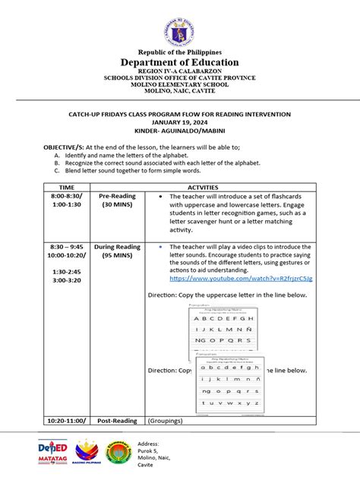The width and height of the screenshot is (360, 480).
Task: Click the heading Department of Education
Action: pyautogui.click(x=180, y=62)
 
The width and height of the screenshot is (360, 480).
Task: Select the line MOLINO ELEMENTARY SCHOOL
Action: pyautogui.click(x=180, y=85)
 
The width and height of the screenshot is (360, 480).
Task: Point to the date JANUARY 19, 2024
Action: pyautogui.click(x=180, y=122)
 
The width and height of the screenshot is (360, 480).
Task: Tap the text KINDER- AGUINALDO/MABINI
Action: pyautogui.click(x=180, y=131)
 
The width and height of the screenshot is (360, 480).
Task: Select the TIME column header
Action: pyautogui.click(x=67, y=186)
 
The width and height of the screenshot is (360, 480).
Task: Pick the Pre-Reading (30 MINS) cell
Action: pyautogui.click(x=118, y=200)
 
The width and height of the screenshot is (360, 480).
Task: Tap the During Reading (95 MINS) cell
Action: pyautogui.click(x=118, y=251)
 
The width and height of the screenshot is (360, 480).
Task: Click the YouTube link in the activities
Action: pyautogui.click(x=241, y=279)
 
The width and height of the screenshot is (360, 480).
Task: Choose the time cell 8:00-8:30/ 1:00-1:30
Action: pyautogui.click(x=66, y=200)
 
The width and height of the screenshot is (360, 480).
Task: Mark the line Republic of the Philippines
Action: pyautogui.click(x=180, y=52)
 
